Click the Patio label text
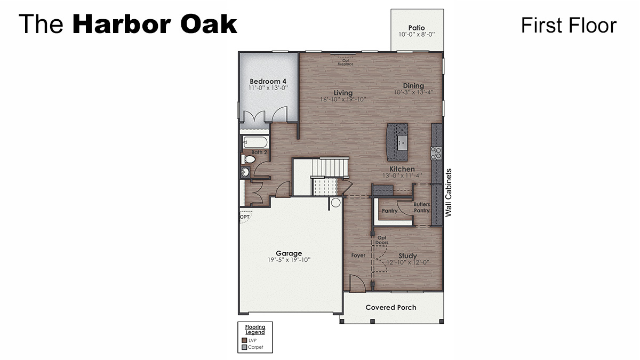tap(417, 28)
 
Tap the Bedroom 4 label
tap(268, 81)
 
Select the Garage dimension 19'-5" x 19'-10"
tap(289, 260)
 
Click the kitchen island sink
tap(401, 141)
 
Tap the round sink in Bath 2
tap(245, 172)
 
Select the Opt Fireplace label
tap(345, 62)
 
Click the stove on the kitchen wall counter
tap(436, 153)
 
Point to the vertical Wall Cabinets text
tap(449, 193)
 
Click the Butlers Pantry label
tap(421, 207)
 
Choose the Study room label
tap(407, 256)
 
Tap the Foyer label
tap(358, 255)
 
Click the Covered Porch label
tap(391, 307)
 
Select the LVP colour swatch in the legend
tap(244, 340)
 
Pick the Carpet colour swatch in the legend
tap(244, 347)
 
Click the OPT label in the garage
tap(244, 217)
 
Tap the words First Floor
tap(569, 25)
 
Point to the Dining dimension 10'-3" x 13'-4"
tap(413, 92)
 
